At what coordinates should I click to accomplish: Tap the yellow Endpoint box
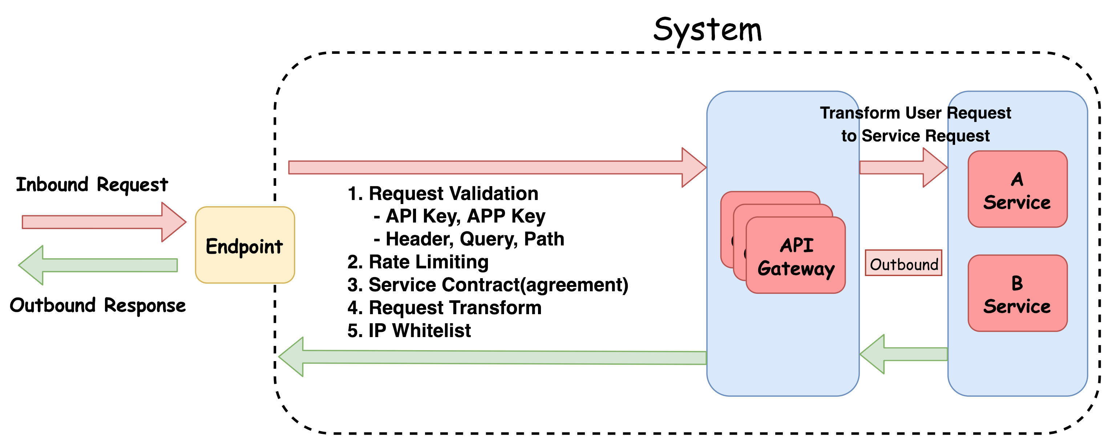(x=245, y=245)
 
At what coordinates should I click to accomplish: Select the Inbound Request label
(x=92, y=184)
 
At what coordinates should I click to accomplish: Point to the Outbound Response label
(x=98, y=305)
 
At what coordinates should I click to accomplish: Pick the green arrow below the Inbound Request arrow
(x=98, y=265)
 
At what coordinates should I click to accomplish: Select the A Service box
(x=1017, y=189)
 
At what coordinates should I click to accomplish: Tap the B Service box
(x=1017, y=293)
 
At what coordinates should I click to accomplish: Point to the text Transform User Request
(x=915, y=113)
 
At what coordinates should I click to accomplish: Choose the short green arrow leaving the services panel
(x=903, y=354)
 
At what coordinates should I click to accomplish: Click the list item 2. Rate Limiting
(x=418, y=262)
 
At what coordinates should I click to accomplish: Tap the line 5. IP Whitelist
(x=409, y=331)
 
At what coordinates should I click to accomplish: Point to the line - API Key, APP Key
(x=459, y=216)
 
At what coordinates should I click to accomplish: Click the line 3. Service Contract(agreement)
(x=488, y=285)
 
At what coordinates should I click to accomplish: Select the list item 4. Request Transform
(x=444, y=308)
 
